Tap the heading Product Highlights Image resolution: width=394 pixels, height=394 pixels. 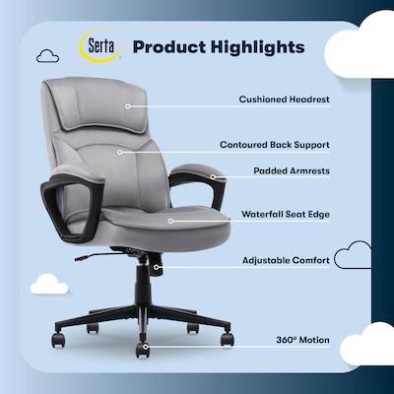click(218, 47)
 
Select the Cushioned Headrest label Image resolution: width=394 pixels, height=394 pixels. click(284, 99)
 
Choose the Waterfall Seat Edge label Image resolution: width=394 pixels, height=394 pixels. click(285, 213)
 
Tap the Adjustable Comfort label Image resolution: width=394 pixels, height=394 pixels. click(285, 261)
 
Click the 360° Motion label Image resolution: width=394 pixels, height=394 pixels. click(302, 340)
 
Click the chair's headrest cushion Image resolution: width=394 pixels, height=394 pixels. click(97, 102)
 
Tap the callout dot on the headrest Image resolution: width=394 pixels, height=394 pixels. click(126, 99)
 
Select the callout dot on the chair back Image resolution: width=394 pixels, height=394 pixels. click(120, 152)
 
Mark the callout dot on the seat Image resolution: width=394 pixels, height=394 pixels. click(169, 221)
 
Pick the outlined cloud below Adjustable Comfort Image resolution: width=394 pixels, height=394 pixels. click(352, 258)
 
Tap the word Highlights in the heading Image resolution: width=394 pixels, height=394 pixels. click(260, 47)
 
